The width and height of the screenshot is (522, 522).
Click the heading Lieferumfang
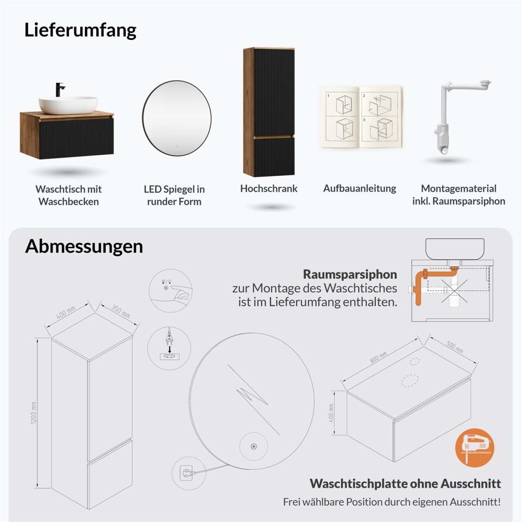pos(80,30)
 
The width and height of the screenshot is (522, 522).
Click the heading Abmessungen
pos(84,246)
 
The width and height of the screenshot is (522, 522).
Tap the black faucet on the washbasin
pos(60,90)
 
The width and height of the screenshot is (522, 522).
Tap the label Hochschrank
pos(269,188)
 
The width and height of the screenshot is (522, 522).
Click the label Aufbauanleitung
pos(359,188)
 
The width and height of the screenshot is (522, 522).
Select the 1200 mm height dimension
pos(33,413)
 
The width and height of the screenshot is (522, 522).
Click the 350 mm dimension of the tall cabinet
pos(120,311)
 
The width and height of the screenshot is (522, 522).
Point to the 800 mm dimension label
pos(378,357)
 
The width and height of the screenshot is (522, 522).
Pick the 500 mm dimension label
pos(455,347)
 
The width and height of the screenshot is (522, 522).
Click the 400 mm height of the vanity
pos(331,413)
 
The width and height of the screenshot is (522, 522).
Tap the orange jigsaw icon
pos(475,448)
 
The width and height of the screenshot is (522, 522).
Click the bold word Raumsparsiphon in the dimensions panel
pos(350,274)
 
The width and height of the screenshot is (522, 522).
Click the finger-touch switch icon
pos(171,291)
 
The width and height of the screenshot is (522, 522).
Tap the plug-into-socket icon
pos(169,348)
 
